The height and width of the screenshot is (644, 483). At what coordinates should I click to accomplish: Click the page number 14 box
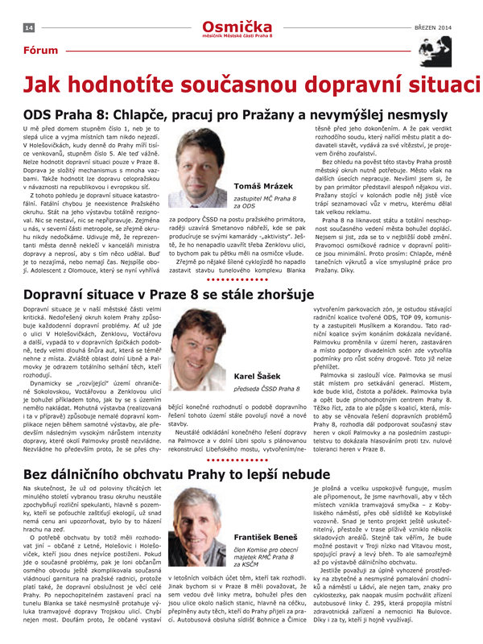pos(29,27)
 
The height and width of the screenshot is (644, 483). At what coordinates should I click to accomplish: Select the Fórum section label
pos(40,51)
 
